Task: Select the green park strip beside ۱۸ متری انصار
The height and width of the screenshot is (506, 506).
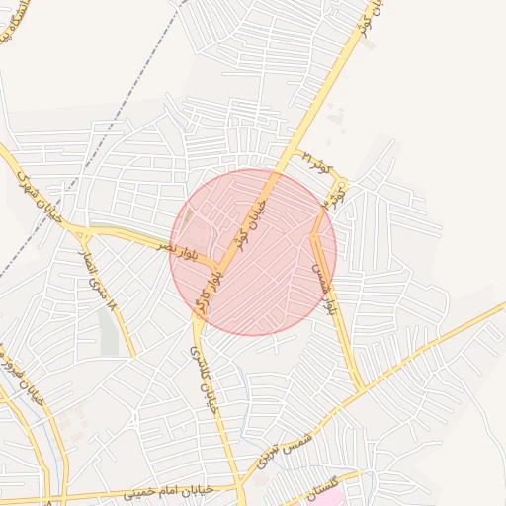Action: tap(109, 331)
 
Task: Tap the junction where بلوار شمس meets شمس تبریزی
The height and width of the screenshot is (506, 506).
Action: tap(359, 388)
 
